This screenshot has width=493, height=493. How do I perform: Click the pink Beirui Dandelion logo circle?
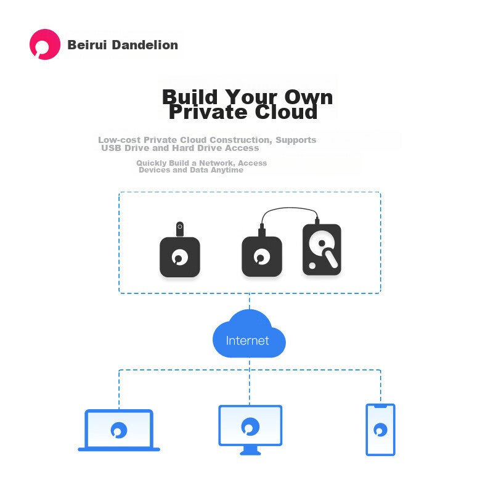pyautogui.click(x=45, y=44)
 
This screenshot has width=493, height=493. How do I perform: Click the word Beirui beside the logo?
pyautogui.click(x=88, y=45)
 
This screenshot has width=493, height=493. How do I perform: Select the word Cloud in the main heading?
pyautogui.click(x=286, y=112)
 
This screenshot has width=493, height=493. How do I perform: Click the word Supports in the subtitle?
pyautogui.click(x=296, y=141)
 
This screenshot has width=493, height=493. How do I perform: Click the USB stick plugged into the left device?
pyautogui.click(x=180, y=229)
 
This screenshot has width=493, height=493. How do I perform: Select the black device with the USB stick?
pyautogui.click(x=180, y=257)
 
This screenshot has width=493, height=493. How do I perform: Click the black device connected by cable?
pyautogui.click(x=262, y=256)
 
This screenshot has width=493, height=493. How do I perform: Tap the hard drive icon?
pyautogui.click(x=322, y=250)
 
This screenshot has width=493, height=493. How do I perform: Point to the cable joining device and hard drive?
pyautogui.click(x=290, y=208)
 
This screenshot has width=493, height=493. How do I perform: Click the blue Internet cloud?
pyautogui.click(x=249, y=334)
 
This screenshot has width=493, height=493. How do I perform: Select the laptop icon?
pyautogui.click(x=119, y=430)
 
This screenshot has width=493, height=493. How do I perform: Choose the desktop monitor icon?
pyautogui.click(x=250, y=430)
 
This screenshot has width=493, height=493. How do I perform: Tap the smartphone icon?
pyautogui.click(x=380, y=430)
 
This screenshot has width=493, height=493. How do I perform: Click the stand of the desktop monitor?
pyautogui.click(x=250, y=451)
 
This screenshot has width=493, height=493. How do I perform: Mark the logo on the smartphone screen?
pyautogui.click(x=380, y=430)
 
